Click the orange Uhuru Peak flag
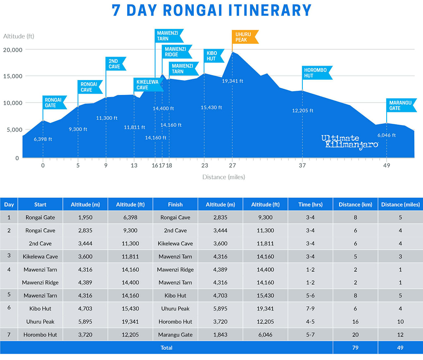245,37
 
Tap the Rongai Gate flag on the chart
54,102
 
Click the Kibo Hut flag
214,56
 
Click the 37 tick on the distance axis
302,166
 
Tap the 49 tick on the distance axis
387,166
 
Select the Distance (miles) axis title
223,177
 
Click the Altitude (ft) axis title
19,36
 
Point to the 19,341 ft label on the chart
233,81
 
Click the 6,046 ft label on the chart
387,135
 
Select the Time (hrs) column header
310,204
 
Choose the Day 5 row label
9,296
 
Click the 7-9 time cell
310,308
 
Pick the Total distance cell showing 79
355,348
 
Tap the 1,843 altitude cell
221,334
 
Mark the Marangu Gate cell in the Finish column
175,334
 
